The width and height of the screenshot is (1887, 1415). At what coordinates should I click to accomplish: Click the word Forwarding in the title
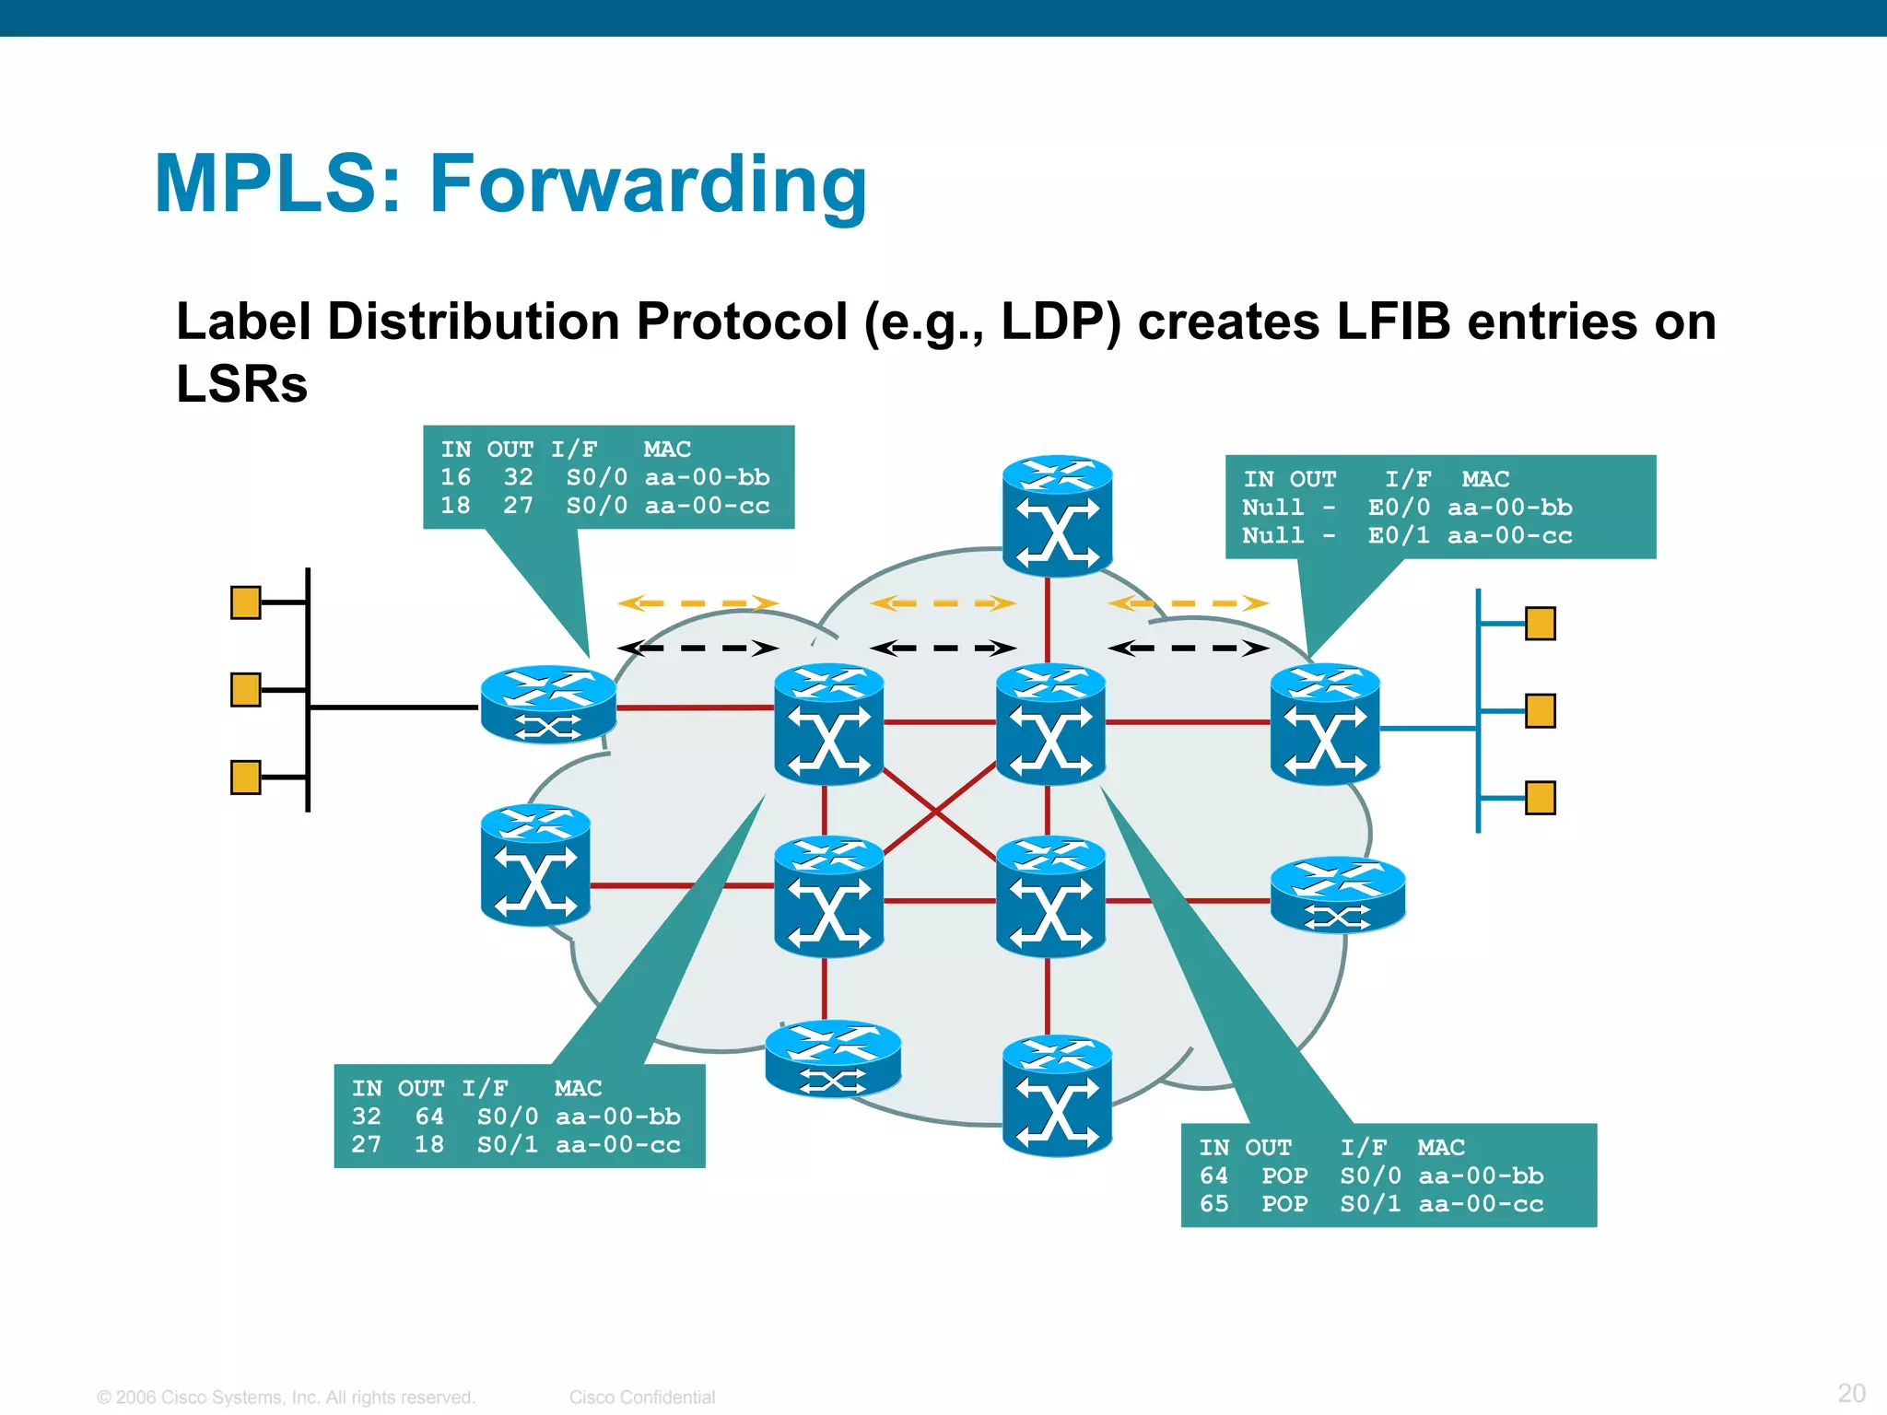tap(648, 184)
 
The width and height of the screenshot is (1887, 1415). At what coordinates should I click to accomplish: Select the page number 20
tap(1851, 1392)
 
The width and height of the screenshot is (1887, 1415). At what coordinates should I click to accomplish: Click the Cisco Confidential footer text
tap(641, 1397)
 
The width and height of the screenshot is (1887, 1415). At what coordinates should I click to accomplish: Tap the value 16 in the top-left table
tap(455, 477)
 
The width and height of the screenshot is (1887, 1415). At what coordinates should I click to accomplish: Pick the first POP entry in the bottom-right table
tap(1284, 1175)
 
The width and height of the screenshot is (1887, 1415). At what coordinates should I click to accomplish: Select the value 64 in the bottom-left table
tap(429, 1117)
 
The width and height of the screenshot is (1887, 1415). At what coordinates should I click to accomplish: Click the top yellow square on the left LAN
tap(245, 602)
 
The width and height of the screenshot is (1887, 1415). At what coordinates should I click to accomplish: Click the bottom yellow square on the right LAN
tap(1540, 798)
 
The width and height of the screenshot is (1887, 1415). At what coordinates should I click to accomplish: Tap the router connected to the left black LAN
tap(548, 705)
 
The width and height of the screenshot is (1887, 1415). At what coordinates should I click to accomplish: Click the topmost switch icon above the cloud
tap(1057, 516)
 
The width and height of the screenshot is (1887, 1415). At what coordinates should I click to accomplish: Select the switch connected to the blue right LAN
tap(1324, 724)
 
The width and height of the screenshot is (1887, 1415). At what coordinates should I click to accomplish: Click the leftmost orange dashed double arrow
tap(697, 603)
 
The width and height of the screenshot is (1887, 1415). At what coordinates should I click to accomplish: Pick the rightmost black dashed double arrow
tap(1188, 649)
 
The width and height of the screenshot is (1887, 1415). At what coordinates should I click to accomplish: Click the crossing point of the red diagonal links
tap(936, 812)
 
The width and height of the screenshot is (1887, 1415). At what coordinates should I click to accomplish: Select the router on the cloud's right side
tap(1337, 895)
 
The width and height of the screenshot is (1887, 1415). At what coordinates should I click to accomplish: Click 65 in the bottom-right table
tap(1213, 1204)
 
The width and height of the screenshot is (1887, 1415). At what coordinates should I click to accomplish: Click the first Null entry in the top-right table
tap(1272, 508)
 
